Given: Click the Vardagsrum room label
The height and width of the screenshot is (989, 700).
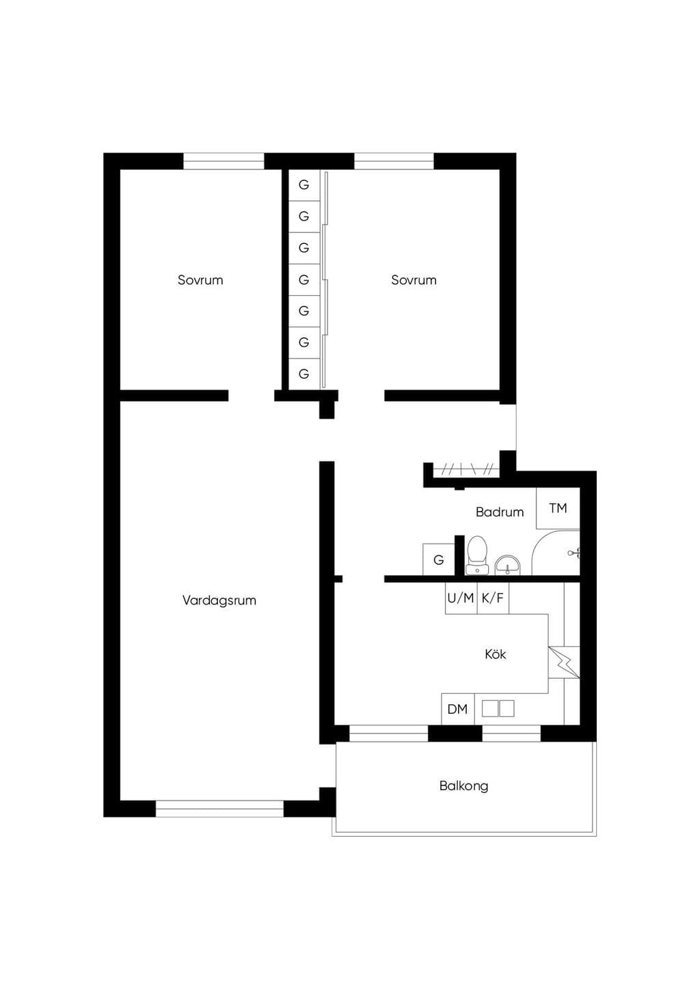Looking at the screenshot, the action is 219,600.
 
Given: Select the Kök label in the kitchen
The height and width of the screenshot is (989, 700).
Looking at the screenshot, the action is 495,654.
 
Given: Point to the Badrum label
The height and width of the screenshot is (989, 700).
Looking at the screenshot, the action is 500,512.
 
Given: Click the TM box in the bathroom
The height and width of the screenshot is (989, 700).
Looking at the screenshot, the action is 558,508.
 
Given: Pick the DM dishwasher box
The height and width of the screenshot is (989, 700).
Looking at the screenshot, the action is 458,709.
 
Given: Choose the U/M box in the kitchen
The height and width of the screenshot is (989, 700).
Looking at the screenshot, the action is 461,598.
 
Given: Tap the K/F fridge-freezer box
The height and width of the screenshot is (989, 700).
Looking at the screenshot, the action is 493,598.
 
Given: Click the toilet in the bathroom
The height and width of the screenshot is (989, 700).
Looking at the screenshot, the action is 477,555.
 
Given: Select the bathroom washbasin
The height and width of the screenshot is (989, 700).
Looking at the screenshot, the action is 508,566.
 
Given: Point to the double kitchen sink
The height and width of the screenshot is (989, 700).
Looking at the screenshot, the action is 498,709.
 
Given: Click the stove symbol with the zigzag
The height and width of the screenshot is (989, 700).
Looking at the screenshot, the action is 564,663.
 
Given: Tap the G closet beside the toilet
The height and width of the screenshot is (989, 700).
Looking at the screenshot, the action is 438,559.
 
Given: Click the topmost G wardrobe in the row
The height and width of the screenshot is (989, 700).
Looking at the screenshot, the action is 304,185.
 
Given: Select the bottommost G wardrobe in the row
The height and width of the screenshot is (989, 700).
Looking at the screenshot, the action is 304,374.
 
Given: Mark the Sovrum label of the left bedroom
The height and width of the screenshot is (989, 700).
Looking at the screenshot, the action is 200,280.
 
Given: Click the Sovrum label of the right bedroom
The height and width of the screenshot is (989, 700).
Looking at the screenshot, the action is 414,280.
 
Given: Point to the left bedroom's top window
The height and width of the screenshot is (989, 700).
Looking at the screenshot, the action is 224,161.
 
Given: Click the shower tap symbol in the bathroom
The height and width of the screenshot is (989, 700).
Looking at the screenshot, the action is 574,553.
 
